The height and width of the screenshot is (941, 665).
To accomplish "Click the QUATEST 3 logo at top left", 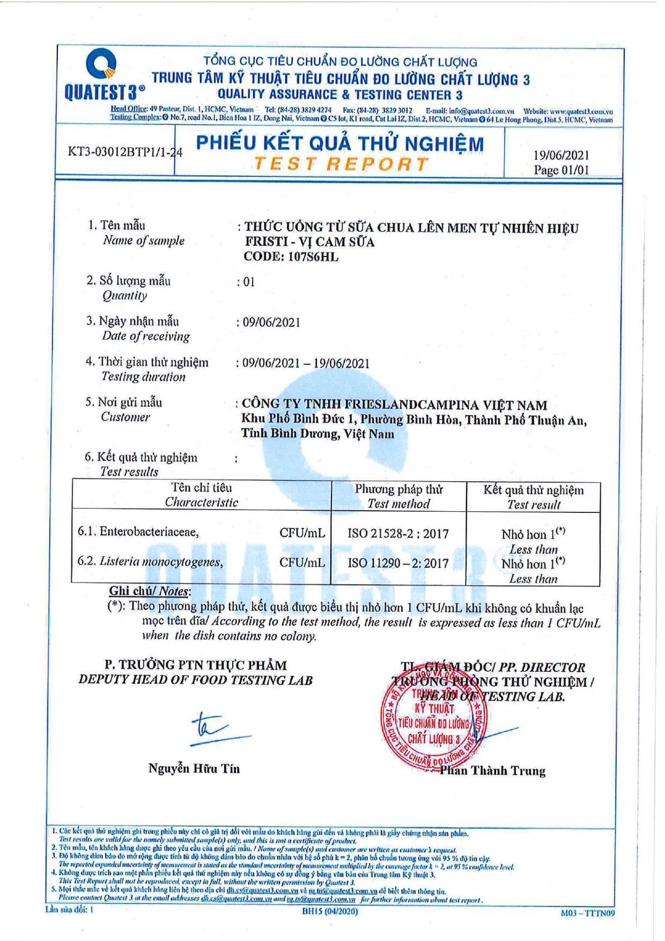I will (x=104, y=75).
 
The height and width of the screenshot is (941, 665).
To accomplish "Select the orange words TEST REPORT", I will (x=340, y=164).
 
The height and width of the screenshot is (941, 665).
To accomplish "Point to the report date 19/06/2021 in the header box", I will (x=561, y=155).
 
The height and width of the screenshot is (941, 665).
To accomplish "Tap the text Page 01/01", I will (x=561, y=170).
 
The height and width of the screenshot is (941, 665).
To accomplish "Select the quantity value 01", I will (x=249, y=282).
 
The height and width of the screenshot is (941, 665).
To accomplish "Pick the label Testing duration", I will (x=143, y=377).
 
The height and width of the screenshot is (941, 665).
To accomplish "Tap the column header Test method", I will (x=398, y=503).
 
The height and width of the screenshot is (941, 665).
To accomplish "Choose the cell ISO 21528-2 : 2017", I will (x=398, y=534).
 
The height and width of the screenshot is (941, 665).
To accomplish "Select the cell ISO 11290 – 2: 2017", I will (x=398, y=563).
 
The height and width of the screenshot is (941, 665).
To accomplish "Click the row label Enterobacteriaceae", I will (x=149, y=531).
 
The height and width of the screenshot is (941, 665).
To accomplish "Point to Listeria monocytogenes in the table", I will (x=161, y=562).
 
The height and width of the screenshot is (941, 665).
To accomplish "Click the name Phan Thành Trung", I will (x=492, y=771).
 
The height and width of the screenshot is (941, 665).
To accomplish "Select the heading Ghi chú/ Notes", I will (x=150, y=591).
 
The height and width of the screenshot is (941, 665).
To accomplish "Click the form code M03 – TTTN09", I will (x=587, y=913).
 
